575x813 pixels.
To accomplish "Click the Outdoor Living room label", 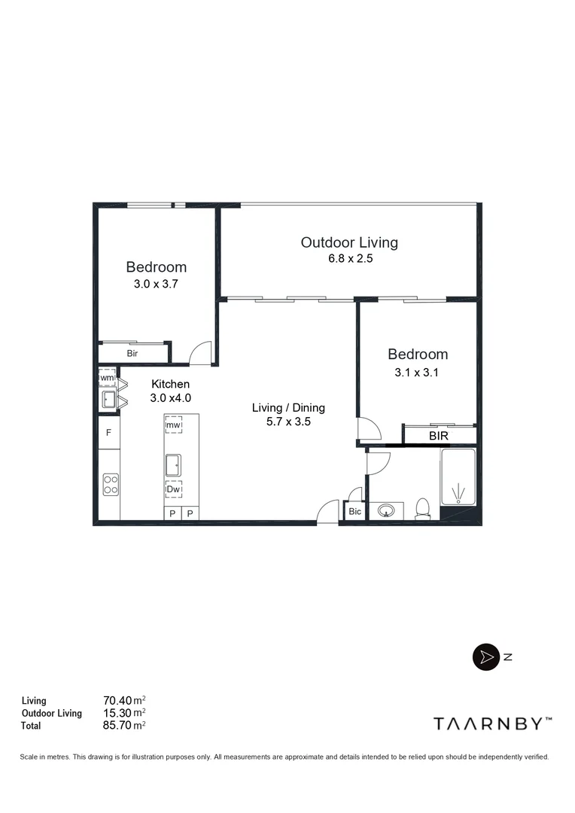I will [x=349, y=242].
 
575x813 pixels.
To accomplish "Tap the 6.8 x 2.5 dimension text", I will [x=348, y=258].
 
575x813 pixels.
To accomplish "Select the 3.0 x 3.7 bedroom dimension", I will [x=155, y=284].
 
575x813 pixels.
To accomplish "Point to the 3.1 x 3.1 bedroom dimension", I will [x=417, y=372].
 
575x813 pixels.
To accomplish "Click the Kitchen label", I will [x=170, y=384].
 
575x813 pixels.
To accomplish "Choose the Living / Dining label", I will [x=288, y=408].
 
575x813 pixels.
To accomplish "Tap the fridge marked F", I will [x=109, y=433].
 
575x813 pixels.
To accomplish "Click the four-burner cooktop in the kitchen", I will [x=110, y=483].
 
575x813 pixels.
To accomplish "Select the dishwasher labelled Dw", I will [x=174, y=489].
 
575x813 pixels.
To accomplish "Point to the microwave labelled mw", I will [x=174, y=425].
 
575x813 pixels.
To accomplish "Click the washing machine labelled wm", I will [x=107, y=377].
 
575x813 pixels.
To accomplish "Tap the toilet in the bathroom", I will [x=423, y=508].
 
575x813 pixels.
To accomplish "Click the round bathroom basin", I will [x=387, y=511].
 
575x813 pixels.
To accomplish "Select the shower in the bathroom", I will [x=458, y=478].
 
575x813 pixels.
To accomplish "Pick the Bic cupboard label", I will [x=354, y=512].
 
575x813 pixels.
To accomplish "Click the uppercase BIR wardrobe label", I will [x=439, y=435].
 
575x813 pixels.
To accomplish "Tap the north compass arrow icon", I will [x=485, y=656].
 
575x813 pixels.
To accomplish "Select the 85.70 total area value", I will [x=123, y=726].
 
